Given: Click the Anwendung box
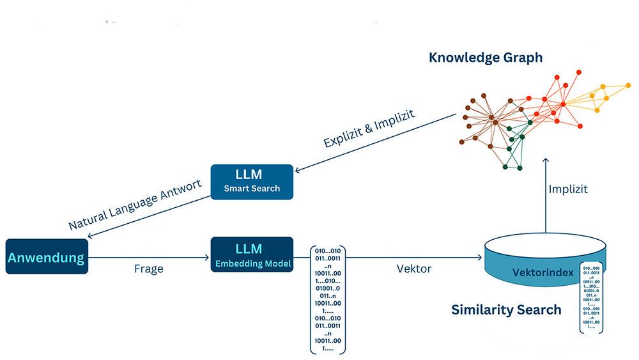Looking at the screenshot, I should pos(46,257).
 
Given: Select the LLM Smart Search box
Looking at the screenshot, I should pos(252,182).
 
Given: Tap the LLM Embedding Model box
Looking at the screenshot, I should pos(252,254).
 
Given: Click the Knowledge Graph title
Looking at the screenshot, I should pos(486,58).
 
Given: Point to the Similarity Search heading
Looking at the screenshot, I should pos(506,310).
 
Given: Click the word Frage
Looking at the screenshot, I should pos(148,269).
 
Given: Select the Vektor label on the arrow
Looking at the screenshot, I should pos(414,269).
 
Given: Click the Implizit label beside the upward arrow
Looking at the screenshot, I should pos(567,190).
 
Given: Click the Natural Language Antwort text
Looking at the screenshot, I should pos(135,205).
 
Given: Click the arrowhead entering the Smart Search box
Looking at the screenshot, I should pos(297,170).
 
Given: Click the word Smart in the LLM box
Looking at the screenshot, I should pos(237,189).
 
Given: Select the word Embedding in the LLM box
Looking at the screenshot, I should pos(238,263).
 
